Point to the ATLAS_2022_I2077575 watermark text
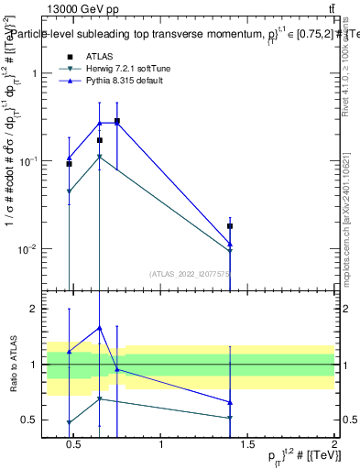191,273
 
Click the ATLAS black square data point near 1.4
230,225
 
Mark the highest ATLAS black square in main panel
117,121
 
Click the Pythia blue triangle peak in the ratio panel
99,328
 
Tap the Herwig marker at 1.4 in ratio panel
230,418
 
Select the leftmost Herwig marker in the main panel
69,191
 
